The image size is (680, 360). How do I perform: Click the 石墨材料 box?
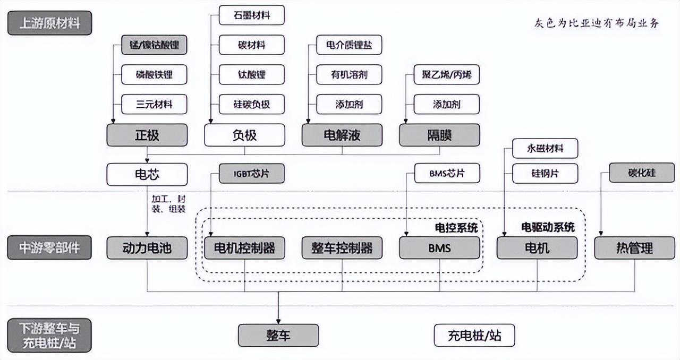pos(252,15)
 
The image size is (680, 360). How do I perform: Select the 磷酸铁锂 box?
pos(154,75)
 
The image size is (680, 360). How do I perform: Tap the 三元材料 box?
pos(154,104)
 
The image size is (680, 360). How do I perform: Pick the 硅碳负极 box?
pos(252,104)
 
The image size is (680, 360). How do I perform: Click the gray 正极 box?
pos(147,135)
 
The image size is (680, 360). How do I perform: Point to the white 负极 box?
pos(244,135)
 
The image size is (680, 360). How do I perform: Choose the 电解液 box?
pos(342,135)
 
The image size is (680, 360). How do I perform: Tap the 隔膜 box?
pos(439,135)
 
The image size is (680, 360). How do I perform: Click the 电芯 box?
pos(147,174)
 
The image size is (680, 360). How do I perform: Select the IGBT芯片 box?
pos(252,173)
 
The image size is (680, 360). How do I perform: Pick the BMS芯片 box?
pos(447,173)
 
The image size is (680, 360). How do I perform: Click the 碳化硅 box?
pos(642,173)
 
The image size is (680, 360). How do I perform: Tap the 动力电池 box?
pos(147,248)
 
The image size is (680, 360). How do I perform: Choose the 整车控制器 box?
pos(342,248)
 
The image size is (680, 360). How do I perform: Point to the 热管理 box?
pos(634,248)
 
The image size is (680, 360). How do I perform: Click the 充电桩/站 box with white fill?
pos(474,336)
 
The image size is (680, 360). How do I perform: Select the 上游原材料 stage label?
pos(49,23)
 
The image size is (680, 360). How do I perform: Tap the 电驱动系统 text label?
pos(548,228)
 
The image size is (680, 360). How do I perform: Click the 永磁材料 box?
pos(545,149)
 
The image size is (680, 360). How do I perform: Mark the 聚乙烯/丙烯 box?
pos(447,75)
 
